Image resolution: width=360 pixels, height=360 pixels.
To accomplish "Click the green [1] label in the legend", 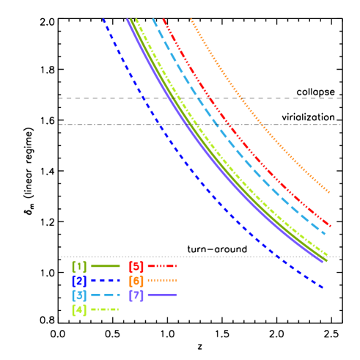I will [x=79, y=265].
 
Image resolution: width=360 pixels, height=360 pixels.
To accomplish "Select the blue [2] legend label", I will [x=79, y=280].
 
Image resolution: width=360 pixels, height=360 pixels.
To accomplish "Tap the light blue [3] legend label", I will [x=79, y=295].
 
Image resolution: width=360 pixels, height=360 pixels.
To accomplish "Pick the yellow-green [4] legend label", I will [x=79, y=309].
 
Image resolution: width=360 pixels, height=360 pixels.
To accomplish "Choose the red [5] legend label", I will [x=136, y=265].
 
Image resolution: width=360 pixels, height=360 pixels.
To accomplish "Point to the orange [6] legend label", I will [x=136, y=280].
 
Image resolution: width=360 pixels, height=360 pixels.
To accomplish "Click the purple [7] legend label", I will [x=136, y=295].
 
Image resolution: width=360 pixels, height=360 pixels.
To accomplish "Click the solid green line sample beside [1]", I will [x=105, y=265].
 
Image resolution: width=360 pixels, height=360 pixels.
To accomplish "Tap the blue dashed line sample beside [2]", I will [x=105, y=280].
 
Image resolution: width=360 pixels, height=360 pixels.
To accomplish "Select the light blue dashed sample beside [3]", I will [x=105, y=295].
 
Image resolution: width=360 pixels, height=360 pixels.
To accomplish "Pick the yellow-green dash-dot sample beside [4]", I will [x=105, y=309].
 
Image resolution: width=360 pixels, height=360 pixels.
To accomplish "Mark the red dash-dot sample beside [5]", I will [x=162, y=265].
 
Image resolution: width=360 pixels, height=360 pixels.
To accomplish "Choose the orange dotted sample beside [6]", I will [x=162, y=280].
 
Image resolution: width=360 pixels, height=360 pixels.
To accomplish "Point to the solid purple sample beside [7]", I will [x=162, y=295].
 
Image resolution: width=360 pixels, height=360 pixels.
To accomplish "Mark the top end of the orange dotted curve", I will [x=191, y=20].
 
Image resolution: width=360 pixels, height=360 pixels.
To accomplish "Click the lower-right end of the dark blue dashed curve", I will [x=323, y=287].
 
